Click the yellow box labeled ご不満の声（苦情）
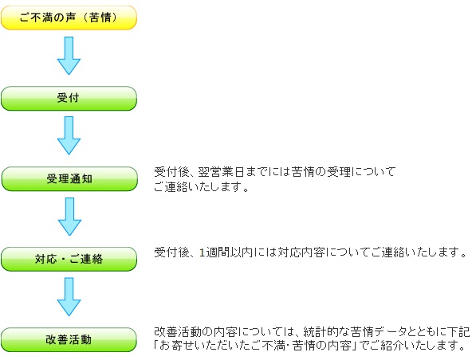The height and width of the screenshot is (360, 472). coord(69,18)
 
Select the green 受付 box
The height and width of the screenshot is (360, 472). coord(69,98)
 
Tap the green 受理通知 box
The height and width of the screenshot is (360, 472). coord(69,179)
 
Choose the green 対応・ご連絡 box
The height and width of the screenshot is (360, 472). coord(69,260)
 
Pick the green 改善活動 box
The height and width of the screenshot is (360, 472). coord(69,340)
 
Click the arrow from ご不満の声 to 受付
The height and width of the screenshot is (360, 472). coord(69,56)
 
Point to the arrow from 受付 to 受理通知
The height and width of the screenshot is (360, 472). coord(69,135)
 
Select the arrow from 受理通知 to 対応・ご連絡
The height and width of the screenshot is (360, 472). coord(69,217)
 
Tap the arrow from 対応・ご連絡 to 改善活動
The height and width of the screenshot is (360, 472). coord(69,297)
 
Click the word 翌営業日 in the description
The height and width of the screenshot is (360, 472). coord(222,172)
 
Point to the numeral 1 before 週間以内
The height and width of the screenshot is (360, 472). coord(202,252)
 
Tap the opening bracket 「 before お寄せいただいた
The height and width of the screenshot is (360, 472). coord(156,346)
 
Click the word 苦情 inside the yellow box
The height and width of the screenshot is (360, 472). coord(100,18)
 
